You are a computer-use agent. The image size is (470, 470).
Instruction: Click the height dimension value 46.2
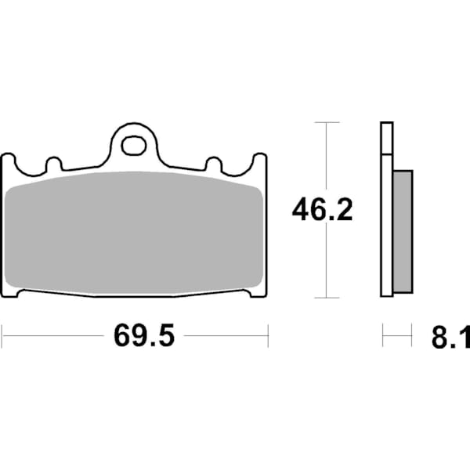(322, 210)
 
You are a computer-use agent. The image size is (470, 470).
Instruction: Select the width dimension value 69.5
(143, 336)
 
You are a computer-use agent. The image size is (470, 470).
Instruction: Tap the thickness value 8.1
(449, 338)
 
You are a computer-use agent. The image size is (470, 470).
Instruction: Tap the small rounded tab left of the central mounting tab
(54, 164)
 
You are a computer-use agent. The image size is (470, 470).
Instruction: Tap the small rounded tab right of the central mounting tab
(212, 164)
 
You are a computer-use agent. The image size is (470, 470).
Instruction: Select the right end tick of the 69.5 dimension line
(268, 336)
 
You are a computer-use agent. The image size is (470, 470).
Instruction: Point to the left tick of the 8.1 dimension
(382, 336)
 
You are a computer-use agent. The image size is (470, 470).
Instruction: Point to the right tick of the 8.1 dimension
(412, 336)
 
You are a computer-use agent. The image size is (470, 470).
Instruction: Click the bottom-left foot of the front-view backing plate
(11, 293)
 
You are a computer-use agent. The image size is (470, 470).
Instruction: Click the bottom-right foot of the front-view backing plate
(258, 293)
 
